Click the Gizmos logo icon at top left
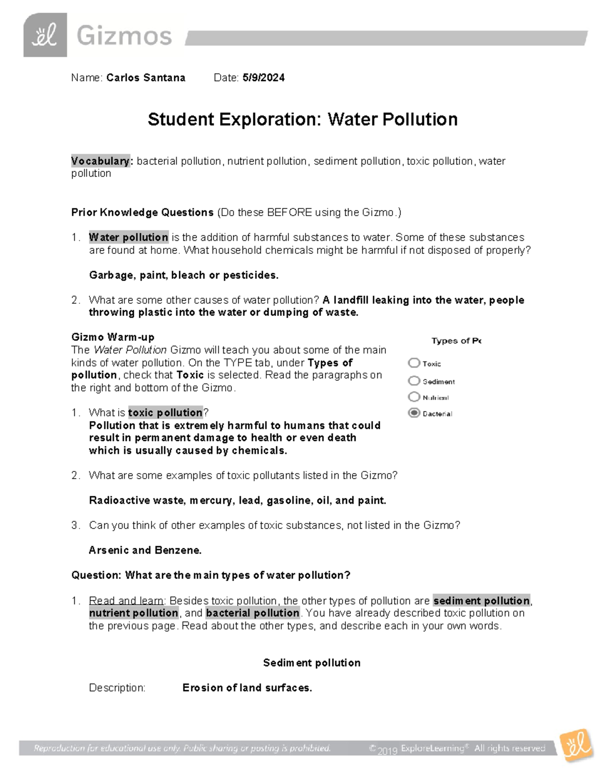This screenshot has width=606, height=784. point(45,35)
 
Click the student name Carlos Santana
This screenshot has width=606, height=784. point(146,78)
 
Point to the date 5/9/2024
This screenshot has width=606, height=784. point(263,78)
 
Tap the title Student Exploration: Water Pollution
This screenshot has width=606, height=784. point(302,120)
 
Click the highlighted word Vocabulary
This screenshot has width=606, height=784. point(100,161)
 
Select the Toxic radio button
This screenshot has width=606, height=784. point(414,363)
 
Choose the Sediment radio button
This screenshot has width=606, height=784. point(414,381)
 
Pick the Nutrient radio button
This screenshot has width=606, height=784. point(414,397)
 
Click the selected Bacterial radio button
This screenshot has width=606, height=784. point(414,413)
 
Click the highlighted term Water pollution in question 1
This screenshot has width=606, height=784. point(129,237)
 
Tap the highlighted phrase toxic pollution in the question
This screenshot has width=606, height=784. point(165,412)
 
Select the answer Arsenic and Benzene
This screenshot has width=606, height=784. point(145,550)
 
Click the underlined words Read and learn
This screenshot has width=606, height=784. point(126,601)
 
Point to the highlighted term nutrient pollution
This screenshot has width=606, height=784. point(134,613)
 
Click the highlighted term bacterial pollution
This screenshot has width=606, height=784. point(252,613)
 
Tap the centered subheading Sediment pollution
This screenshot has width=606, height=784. point(312,663)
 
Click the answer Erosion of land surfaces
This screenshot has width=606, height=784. point(247,688)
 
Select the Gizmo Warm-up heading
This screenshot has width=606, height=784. point(113,337)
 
